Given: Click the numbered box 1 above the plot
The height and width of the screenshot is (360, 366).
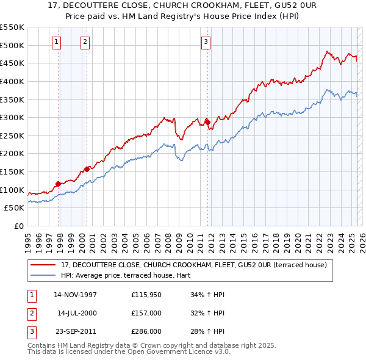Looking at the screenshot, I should click(56, 42).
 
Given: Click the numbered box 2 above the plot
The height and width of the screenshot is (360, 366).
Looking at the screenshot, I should click(84, 42).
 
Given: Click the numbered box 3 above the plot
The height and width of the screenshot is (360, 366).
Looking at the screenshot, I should click(206, 42).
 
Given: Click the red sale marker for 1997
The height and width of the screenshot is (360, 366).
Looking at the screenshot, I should click(59, 183).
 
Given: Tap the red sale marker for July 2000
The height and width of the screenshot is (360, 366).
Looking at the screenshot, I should click(87, 168).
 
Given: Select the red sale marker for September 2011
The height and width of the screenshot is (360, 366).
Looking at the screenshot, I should click(207, 122).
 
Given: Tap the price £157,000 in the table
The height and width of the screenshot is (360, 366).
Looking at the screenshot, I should click(146, 313).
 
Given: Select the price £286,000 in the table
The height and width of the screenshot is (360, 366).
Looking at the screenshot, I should click(146, 331).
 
